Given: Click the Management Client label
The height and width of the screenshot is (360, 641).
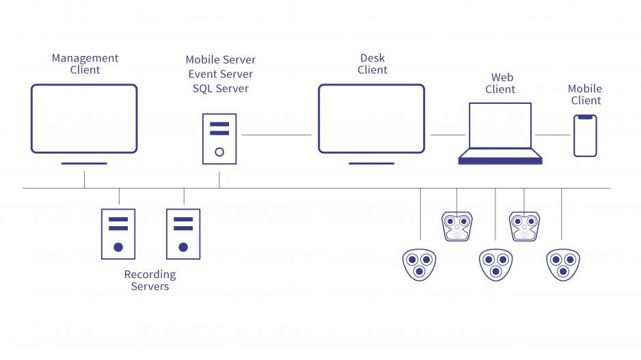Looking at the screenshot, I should pyautogui.click(x=85, y=64).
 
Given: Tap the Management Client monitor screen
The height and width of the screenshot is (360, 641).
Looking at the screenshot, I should pyautogui.click(x=84, y=119).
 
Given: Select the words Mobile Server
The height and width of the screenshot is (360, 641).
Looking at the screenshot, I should pyautogui.click(x=221, y=60).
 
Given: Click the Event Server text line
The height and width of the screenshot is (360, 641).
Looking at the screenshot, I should pyautogui.click(x=221, y=74).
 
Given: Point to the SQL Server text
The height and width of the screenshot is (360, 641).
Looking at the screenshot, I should pyautogui.click(x=221, y=89).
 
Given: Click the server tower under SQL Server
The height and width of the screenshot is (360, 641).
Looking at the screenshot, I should pyautogui.click(x=219, y=139).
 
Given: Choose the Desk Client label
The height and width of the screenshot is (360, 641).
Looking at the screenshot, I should pyautogui.click(x=372, y=64).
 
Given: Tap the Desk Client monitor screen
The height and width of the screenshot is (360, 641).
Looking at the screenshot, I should pyautogui.click(x=371, y=119).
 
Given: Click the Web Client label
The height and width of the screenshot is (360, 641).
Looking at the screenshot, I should pyautogui.click(x=500, y=83).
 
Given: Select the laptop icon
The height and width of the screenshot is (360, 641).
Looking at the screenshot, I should pyautogui.click(x=500, y=133).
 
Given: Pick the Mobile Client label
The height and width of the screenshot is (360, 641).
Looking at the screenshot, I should pyautogui.click(x=586, y=94).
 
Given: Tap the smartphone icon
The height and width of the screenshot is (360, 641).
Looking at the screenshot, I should pyautogui.click(x=585, y=135).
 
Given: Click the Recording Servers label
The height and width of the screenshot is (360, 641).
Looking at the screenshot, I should pyautogui.click(x=150, y=280).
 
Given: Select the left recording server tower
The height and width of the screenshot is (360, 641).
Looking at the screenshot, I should pyautogui.click(x=118, y=234).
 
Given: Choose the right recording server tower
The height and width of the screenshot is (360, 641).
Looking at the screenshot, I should pyautogui.click(x=183, y=234).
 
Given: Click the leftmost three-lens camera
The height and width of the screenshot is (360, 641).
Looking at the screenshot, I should pyautogui.click(x=420, y=264).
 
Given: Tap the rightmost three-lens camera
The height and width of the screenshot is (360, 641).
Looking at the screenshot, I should pyautogui.click(x=563, y=264).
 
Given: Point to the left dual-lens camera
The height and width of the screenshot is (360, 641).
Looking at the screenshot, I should pyautogui.click(x=456, y=226).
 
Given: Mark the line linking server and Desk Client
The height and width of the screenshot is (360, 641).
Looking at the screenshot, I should pyautogui.click(x=277, y=135).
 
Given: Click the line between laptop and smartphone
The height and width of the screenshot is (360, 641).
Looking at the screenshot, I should pyautogui.click(x=553, y=135).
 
